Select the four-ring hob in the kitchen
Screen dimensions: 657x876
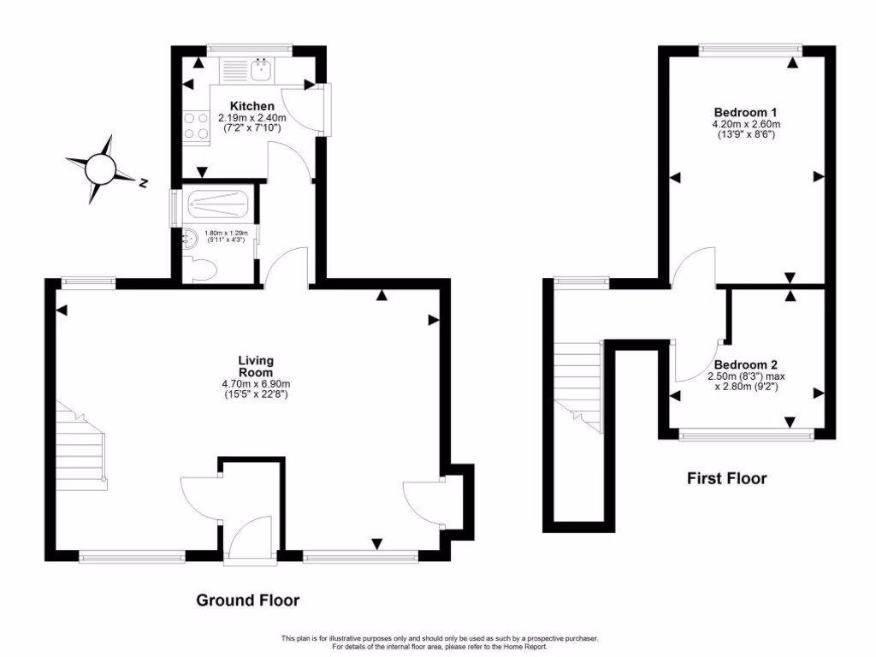click(196, 126)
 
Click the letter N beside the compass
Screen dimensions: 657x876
click(144, 182)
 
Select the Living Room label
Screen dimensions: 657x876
click(256, 366)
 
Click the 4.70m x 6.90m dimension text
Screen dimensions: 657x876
click(256, 384)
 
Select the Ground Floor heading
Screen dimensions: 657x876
click(248, 600)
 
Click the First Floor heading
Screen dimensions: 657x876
click(727, 478)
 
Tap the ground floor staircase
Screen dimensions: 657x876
click(83, 448)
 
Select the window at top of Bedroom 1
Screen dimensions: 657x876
click(749, 50)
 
